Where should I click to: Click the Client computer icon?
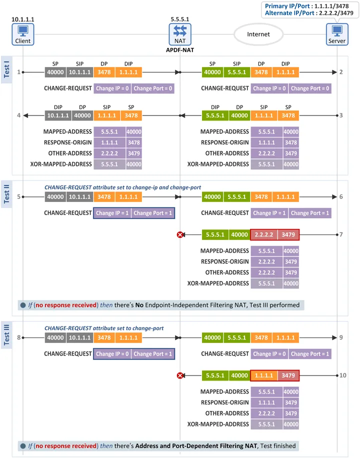[23, 34]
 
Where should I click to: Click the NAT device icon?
[180, 34]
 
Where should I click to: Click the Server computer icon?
[337, 34]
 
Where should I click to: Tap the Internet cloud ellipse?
[258, 34]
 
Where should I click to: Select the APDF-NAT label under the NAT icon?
[180, 50]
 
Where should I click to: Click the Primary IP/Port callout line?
[307, 6]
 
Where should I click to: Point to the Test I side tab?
[6, 69]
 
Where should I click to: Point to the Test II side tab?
[6, 194]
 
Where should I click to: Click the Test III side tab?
[6, 334]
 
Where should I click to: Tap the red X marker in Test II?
[180, 234]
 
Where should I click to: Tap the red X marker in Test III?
[180, 375]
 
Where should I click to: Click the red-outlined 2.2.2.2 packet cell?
[264, 234]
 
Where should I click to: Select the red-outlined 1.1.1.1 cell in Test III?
[264, 375]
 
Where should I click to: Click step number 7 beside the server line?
[341, 234]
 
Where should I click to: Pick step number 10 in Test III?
[343, 375]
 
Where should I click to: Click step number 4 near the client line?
[18, 115]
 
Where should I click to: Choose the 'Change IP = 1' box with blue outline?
[112, 213]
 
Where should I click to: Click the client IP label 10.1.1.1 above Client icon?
[23, 19]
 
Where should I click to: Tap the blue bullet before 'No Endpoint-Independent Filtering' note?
[23, 305]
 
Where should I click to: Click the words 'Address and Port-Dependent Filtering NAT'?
[196, 446]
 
